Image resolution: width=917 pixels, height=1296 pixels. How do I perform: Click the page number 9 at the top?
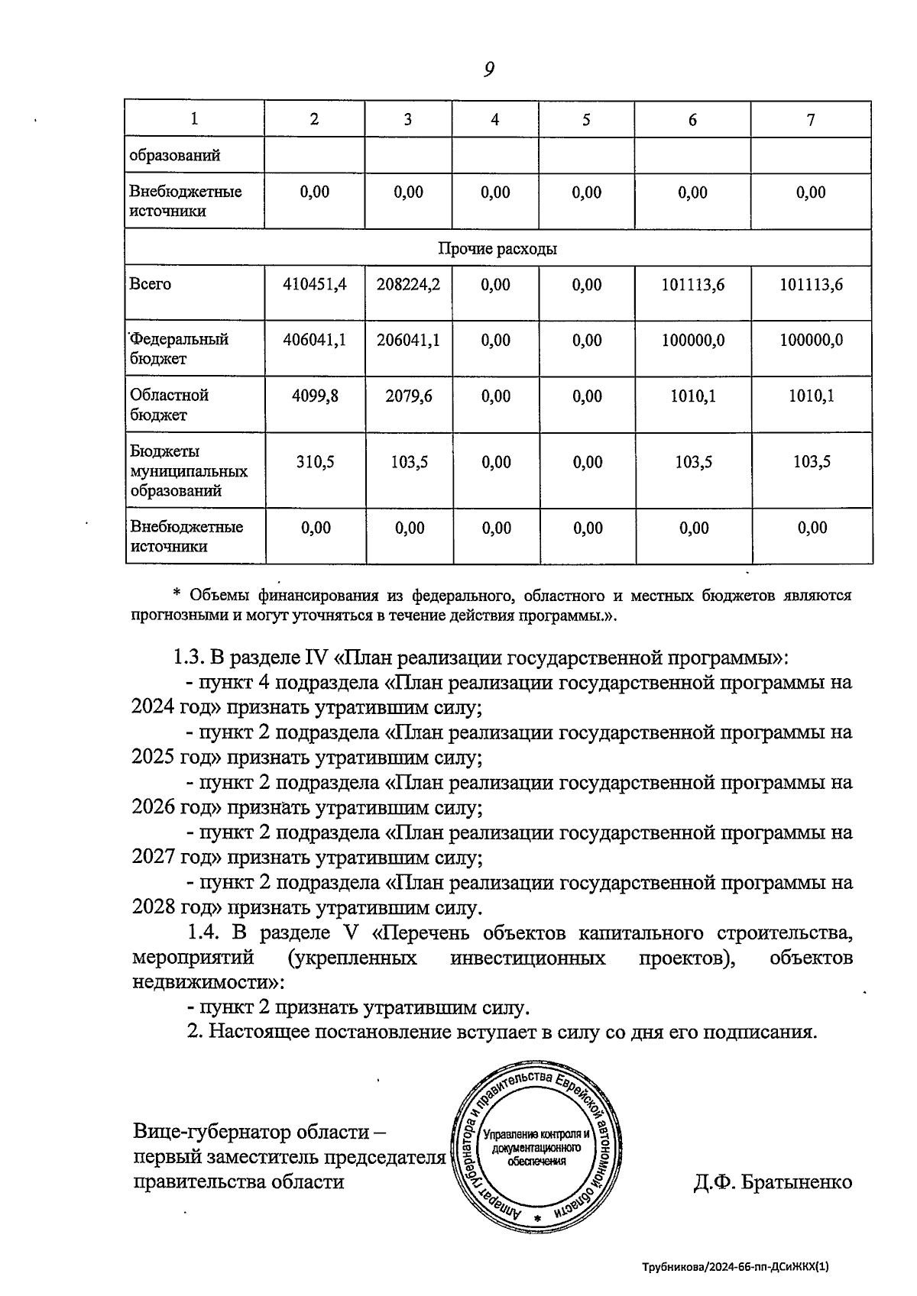point(489,70)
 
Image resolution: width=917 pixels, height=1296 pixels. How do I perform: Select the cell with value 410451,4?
point(314,285)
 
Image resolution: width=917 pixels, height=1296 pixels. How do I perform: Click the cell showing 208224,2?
point(408,285)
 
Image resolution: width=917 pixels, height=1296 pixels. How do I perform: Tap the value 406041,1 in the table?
point(314,340)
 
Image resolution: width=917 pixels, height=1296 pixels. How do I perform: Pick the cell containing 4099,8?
point(314,396)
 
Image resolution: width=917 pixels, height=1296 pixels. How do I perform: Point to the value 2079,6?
point(408,396)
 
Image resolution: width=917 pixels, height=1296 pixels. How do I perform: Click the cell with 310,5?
point(315,462)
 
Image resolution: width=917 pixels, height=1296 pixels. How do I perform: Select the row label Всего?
point(151,284)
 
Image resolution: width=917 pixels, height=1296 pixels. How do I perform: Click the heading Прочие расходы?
point(497,249)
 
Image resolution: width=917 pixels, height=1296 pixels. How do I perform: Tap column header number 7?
point(811,120)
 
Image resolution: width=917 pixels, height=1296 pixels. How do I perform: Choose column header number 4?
point(494,120)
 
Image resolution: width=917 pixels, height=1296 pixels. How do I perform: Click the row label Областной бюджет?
point(170,405)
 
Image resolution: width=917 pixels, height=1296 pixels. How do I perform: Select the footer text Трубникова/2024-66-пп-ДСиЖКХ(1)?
point(734,1266)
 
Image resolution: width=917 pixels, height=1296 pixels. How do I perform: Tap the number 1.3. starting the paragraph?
point(186,658)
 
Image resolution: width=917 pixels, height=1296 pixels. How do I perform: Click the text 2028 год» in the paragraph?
point(176,908)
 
